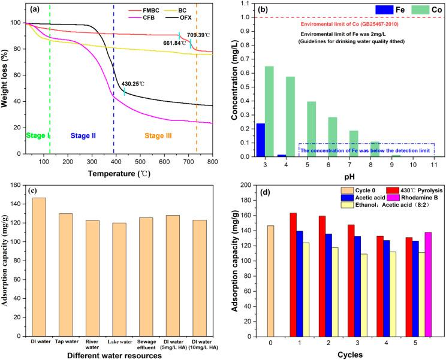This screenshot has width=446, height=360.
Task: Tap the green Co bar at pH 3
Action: [269, 111]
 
